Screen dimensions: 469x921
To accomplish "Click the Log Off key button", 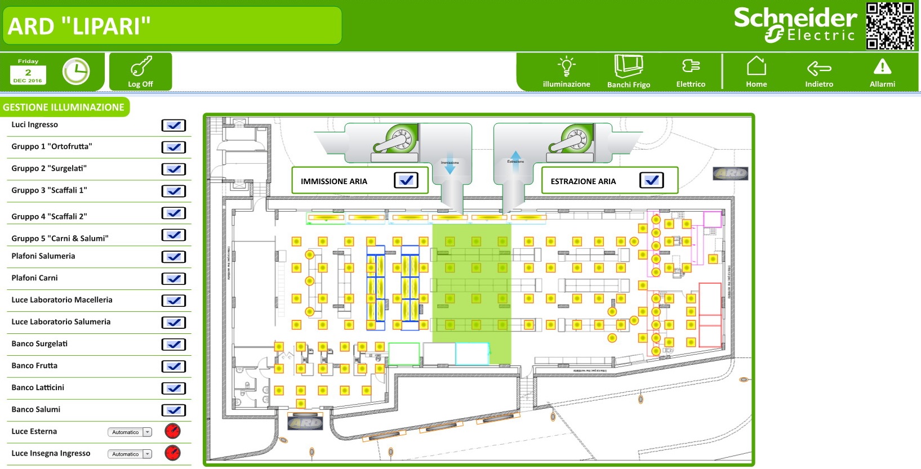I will pyautogui.click(x=140, y=72).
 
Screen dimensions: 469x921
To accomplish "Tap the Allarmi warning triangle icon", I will pyautogui.click(x=882, y=68).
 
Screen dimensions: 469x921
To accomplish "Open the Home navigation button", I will pyautogui.click(x=756, y=68).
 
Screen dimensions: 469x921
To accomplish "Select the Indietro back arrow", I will pyautogui.click(x=819, y=69).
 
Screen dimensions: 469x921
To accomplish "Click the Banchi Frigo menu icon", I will pyautogui.click(x=629, y=67).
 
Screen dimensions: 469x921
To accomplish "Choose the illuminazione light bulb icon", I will pyautogui.click(x=566, y=67).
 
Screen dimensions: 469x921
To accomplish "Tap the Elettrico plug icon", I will pyautogui.click(x=691, y=67).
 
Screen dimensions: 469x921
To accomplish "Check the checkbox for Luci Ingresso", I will pyautogui.click(x=173, y=126).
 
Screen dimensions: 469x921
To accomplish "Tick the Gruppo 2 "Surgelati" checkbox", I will pyautogui.click(x=173, y=169).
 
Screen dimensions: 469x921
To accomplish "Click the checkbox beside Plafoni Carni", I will pyautogui.click(x=173, y=279).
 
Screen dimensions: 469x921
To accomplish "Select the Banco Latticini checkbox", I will pyautogui.click(x=173, y=388).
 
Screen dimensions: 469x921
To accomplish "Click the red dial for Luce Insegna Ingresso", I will pyautogui.click(x=172, y=453).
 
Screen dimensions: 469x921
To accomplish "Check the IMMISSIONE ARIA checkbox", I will pyautogui.click(x=406, y=180).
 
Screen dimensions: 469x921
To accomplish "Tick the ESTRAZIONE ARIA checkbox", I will pyautogui.click(x=652, y=180).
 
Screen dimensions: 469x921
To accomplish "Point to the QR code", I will pyautogui.click(x=890, y=26).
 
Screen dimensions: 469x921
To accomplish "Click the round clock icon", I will pyautogui.click(x=76, y=72).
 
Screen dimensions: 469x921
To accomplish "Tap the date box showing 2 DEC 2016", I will pyautogui.click(x=28, y=72).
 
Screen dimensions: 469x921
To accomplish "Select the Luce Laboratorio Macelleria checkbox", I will pyautogui.click(x=173, y=301).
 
